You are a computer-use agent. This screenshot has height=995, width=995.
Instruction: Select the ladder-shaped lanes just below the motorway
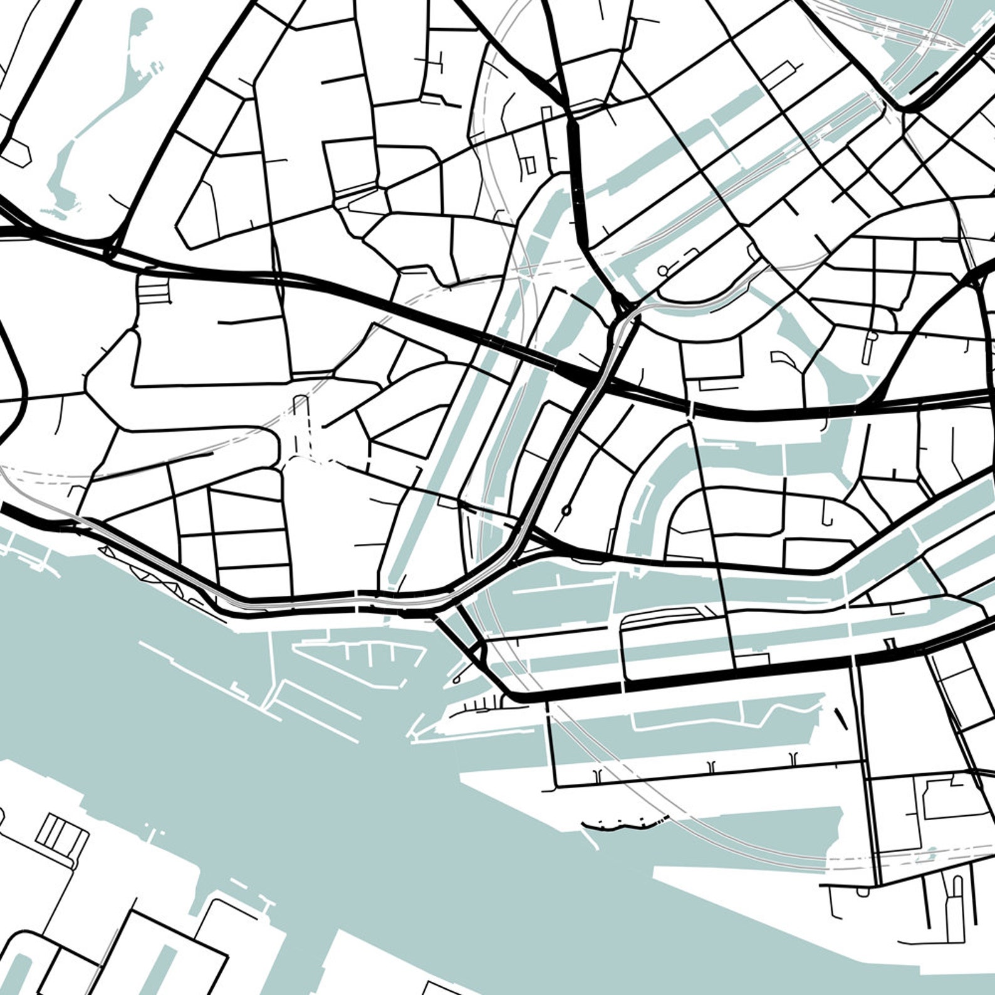pyautogui.click(x=154, y=290)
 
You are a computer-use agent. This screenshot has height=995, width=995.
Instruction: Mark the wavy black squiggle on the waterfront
pyautogui.click(x=624, y=823)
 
